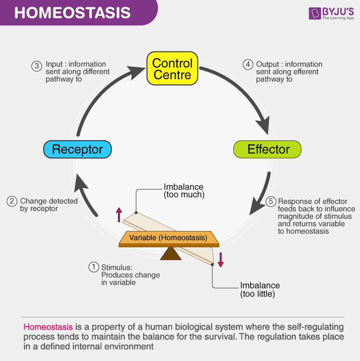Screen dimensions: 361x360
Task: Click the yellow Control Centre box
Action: pyautogui.click(x=172, y=68)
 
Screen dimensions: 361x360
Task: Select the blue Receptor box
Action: pyautogui.click(x=77, y=149)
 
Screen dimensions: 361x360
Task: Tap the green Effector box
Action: pyautogui.click(x=267, y=149)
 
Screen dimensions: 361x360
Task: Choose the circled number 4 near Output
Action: pyautogui.click(x=248, y=64)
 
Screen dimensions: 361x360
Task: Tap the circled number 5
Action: pyautogui.click(x=271, y=202)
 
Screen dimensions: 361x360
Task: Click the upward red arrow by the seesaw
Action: pyautogui.click(x=119, y=215)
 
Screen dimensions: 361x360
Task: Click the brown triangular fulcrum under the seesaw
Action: pyautogui.click(x=171, y=253)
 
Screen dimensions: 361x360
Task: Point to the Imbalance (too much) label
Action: pyautogui.click(x=184, y=191)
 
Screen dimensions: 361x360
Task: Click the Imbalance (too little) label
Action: pyautogui.click(x=260, y=289)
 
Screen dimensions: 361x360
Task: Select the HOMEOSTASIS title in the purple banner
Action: pyautogui.click(x=72, y=12)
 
